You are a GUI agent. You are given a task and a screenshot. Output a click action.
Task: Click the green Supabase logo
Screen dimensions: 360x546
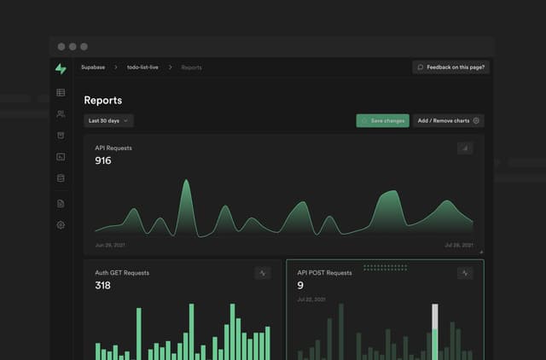(61, 68)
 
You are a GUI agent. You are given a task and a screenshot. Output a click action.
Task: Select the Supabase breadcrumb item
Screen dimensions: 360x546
(93, 67)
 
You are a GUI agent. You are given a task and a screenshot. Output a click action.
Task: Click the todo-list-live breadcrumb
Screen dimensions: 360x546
(143, 67)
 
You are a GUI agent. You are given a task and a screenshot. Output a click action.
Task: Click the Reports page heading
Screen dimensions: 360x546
(102, 101)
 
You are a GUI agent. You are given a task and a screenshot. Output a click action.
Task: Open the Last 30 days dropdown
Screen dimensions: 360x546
(109, 121)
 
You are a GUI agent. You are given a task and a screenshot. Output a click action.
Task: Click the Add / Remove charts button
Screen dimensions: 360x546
(449, 121)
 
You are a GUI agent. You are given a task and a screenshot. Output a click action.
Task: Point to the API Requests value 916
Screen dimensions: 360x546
(103, 160)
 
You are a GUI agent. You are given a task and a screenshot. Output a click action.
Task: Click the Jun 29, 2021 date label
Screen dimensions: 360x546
(111, 245)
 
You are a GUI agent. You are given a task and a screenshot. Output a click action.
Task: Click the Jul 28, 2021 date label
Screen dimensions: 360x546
(458, 245)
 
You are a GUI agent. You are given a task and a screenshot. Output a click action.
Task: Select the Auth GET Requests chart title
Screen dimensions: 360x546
(122, 273)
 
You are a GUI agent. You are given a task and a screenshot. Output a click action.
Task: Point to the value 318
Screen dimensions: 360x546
(102, 286)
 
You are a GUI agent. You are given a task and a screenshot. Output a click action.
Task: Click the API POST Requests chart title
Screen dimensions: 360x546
(324, 273)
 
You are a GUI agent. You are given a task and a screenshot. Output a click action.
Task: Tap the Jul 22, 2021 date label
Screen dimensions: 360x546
(310, 299)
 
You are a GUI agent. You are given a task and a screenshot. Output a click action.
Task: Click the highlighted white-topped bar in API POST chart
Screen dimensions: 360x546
(434, 328)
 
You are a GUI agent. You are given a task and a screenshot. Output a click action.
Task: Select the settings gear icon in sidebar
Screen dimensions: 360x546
(61, 225)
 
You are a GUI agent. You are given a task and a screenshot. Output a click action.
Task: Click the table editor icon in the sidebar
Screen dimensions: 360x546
(61, 92)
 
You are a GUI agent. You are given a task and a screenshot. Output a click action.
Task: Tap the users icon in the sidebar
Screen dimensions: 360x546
(61, 113)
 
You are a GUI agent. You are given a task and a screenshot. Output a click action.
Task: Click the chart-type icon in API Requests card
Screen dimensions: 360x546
(465, 148)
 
